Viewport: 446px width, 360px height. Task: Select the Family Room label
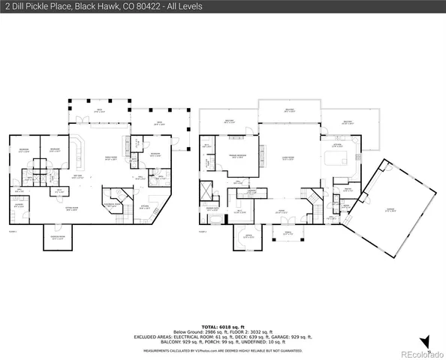click(110, 158)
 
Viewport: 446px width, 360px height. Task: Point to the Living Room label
click(288, 158)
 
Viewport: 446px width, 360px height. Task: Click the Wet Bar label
click(77, 176)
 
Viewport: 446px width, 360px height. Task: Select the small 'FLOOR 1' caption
click(11, 232)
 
